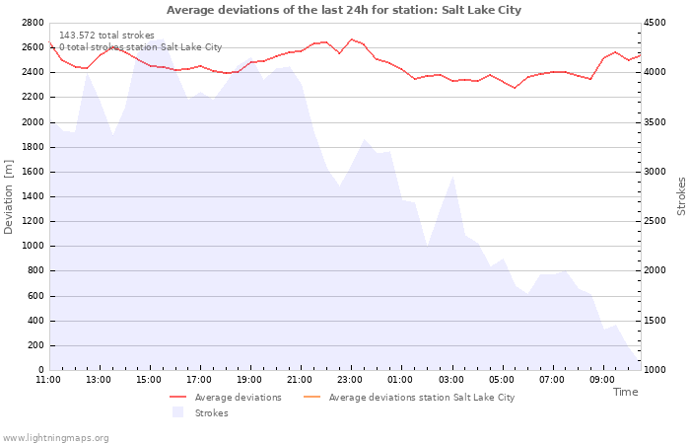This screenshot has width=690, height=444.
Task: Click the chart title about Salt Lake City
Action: coord(344,10)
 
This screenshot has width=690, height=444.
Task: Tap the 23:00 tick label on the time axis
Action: coord(350,379)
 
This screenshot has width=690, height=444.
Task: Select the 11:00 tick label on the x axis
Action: coord(48,379)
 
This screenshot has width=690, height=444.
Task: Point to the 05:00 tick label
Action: coord(501,379)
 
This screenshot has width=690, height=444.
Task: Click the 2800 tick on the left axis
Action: coord(32,22)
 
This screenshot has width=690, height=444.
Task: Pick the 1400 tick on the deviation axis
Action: coord(32,196)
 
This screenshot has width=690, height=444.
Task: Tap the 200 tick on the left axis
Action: coord(34,345)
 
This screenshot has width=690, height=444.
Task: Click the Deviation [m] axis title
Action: coord(10,195)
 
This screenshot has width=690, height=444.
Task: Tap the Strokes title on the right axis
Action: coord(681,195)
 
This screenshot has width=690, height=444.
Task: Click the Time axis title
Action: coord(625,392)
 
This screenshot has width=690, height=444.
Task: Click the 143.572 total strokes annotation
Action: coord(106,36)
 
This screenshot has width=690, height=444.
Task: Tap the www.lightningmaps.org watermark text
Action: coord(55,437)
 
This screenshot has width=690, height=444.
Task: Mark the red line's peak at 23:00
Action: coord(351,39)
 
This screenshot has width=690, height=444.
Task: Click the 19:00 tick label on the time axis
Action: coord(249,379)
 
